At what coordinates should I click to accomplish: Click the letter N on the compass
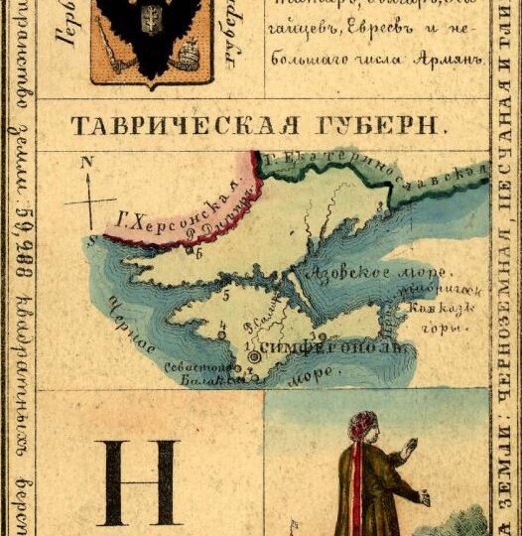coord(87,162)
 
